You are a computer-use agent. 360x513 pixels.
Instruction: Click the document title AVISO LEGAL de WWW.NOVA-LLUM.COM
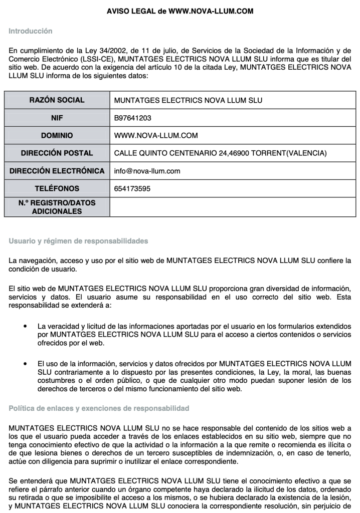click(179, 11)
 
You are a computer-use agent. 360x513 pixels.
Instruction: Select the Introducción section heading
click(31, 31)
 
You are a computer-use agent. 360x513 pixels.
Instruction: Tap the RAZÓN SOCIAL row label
click(57, 100)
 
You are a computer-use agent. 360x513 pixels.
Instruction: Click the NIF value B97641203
click(133, 118)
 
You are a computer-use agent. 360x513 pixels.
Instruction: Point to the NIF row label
click(57, 118)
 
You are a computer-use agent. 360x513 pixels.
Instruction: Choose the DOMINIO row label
click(57, 135)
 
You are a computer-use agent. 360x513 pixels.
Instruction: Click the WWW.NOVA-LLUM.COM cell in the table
click(156, 135)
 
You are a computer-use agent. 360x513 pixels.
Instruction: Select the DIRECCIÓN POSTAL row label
click(57, 153)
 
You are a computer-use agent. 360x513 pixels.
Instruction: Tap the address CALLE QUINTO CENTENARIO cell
click(220, 153)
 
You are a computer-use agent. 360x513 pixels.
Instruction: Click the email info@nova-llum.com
click(147, 171)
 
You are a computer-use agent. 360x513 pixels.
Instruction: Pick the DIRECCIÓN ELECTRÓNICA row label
click(57, 171)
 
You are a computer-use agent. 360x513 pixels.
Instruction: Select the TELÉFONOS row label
click(57, 189)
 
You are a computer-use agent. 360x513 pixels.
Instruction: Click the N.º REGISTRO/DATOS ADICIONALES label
click(57, 207)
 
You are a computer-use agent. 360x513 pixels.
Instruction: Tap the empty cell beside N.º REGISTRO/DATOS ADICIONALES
click(233, 207)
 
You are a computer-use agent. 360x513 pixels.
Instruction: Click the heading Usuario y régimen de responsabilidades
click(78, 241)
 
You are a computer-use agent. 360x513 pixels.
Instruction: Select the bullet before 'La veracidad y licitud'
click(25, 327)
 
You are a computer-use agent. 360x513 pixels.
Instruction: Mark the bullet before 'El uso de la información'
click(25, 362)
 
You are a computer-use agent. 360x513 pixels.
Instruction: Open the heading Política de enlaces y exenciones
click(99, 408)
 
